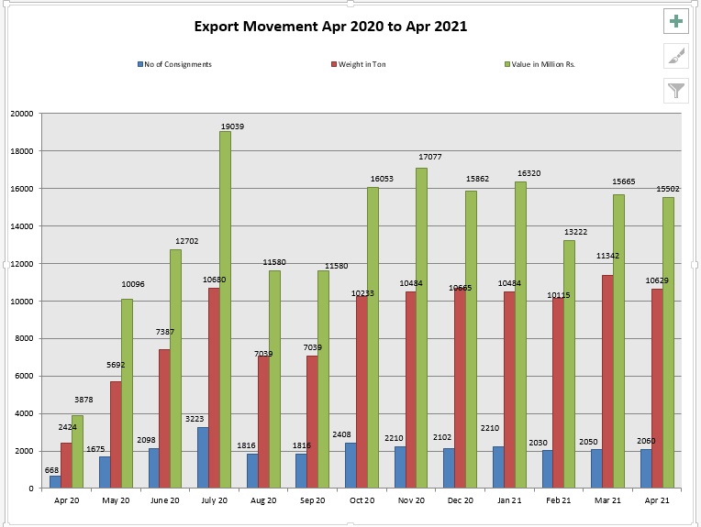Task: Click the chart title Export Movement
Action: click(330, 27)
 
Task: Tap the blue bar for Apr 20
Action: click(55, 481)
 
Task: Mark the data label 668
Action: click(52, 469)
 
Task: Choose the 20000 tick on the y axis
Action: click(21, 114)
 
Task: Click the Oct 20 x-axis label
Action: click(362, 500)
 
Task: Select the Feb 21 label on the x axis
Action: click(559, 500)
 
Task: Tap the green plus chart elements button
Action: click(676, 21)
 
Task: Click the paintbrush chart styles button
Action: click(676, 56)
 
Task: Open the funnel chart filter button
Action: click(676, 90)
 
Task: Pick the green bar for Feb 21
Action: click(570, 364)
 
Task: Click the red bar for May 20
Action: click(116, 434)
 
